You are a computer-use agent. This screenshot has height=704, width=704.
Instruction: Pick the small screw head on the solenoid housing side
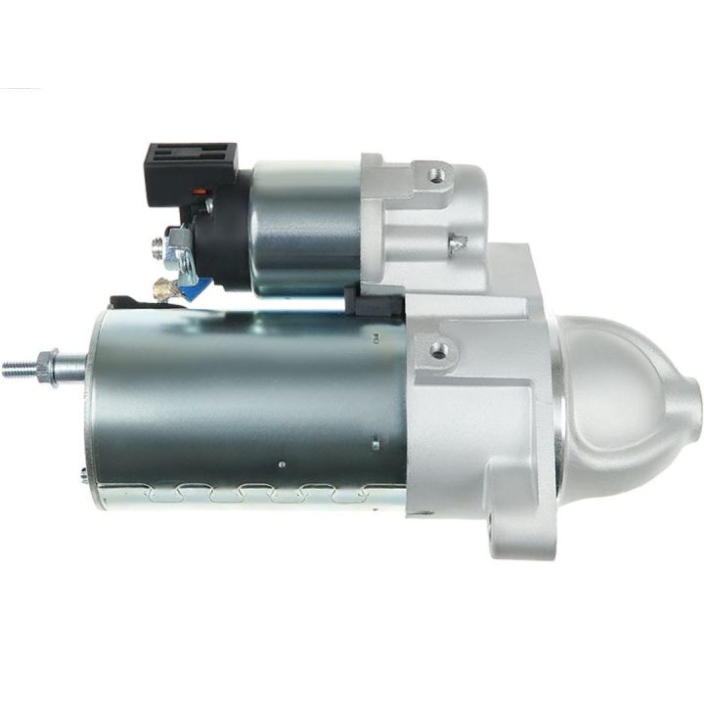pos(456,241)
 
